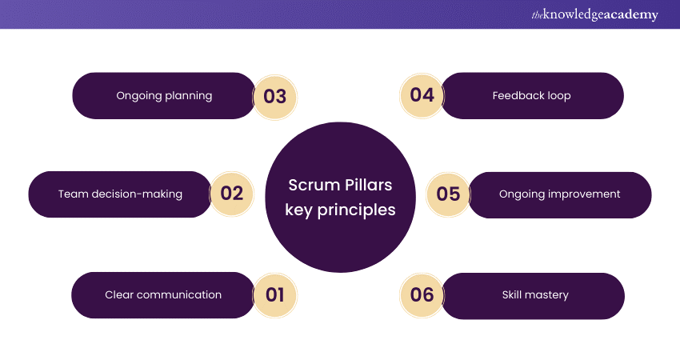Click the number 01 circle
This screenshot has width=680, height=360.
click(x=274, y=294)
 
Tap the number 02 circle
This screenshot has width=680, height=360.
click(x=231, y=194)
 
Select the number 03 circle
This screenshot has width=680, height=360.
click(x=274, y=96)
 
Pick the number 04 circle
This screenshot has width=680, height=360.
click(x=422, y=95)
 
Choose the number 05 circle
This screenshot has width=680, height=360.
click(x=449, y=194)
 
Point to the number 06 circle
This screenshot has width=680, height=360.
click(x=422, y=294)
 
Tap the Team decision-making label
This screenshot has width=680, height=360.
click(x=120, y=194)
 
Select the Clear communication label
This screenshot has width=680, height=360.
click(x=163, y=294)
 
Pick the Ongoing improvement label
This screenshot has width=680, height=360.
click(x=559, y=194)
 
